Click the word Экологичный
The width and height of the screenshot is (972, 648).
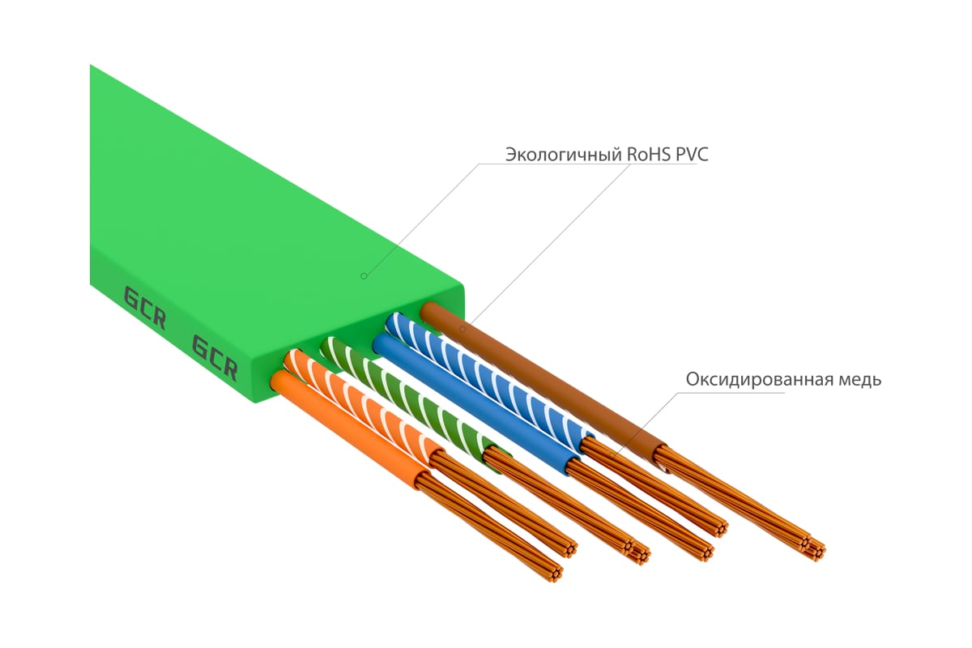(563, 155)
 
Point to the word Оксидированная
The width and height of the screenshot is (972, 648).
(759, 380)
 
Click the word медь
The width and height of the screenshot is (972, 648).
(859, 380)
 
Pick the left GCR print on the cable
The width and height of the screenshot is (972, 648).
(145, 308)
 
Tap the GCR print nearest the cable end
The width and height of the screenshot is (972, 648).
(215, 357)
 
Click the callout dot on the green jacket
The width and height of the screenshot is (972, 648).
(364, 276)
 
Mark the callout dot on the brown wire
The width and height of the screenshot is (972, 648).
(463, 330)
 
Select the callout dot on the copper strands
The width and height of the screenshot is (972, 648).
(612, 455)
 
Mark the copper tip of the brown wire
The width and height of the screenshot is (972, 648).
(812, 552)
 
